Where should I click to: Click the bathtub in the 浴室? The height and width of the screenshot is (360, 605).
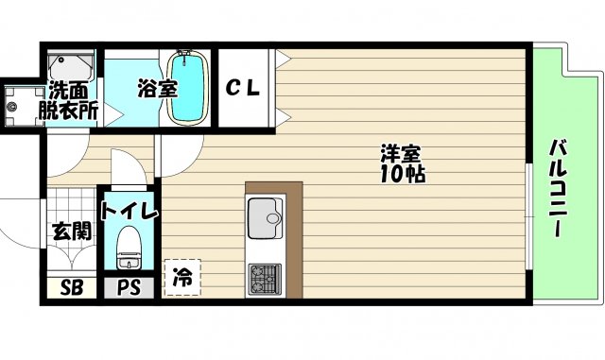coord(188,88)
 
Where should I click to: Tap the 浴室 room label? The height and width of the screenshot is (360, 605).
coord(158,89)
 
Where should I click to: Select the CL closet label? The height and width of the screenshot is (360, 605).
coord(243,89)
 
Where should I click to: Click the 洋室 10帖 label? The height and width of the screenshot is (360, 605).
coord(402,163)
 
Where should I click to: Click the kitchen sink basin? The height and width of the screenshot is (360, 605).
coord(265,218)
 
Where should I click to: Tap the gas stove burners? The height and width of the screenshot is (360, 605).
coord(265,280)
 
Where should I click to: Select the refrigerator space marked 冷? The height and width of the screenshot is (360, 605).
coord(182,278)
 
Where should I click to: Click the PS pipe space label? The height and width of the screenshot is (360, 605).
coord(129,287)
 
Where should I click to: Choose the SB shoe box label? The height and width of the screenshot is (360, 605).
coord(72,287)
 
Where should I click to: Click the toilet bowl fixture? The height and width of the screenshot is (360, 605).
coord(129,248)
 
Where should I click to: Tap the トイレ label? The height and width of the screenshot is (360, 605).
coord(130,210)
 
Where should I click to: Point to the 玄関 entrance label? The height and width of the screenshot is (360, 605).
coord(72,231)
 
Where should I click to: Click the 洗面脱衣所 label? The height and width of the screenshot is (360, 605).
coord(69,101)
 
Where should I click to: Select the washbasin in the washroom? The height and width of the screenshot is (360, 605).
coord(71,66)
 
